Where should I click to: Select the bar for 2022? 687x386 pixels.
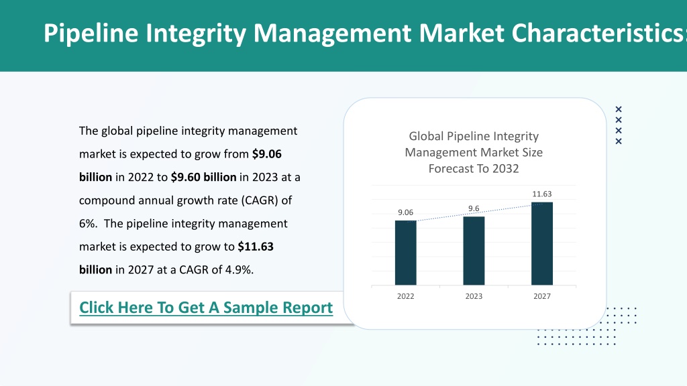pyautogui.click(x=406, y=253)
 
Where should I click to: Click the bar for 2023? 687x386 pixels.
pyautogui.click(x=474, y=251)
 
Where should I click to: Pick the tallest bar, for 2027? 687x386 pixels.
pyautogui.click(x=542, y=244)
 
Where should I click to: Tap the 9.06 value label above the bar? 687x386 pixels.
pyautogui.click(x=406, y=212)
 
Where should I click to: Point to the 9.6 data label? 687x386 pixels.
pyautogui.click(x=474, y=208)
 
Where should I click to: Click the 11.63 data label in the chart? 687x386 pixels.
pyautogui.click(x=542, y=194)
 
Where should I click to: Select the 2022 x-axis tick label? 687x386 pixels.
pyautogui.click(x=406, y=296)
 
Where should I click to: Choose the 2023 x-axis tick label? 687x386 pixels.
pyautogui.click(x=474, y=296)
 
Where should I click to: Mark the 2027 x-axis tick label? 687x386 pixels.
pyautogui.click(x=542, y=296)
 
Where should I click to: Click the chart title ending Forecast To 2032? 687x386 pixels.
pyautogui.click(x=474, y=152)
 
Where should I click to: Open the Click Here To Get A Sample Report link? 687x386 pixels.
pyautogui.click(x=206, y=308)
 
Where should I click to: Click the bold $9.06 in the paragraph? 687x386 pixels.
pyautogui.click(x=267, y=154)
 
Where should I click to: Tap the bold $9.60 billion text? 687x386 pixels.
pyautogui.click(x=204, y=177)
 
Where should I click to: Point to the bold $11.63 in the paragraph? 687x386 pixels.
pyautogui.click(x=256, y=247)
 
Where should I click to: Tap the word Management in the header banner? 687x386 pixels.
pyautogui.click(x=333, y=34)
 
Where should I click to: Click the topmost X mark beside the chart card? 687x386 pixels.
pyautogui.click(x=619, y=109)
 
